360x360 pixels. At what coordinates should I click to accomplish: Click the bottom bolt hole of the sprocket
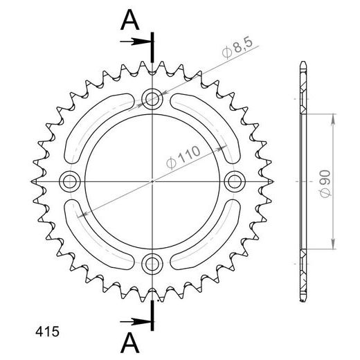point(152,263)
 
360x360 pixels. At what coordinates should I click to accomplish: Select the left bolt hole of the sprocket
point(69,181)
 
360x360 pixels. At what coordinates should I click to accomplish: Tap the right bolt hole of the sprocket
point(234,181)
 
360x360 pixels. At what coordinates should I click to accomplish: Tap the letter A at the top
point(130,20)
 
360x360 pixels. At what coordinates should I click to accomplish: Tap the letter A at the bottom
point(130,342)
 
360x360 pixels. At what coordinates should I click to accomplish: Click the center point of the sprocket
point(152,181)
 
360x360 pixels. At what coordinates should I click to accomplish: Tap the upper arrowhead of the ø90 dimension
point(334,114)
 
